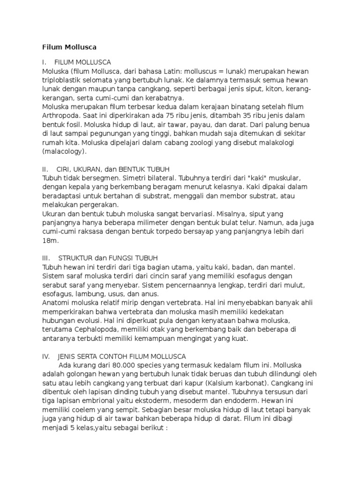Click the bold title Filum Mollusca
tap(69, 47)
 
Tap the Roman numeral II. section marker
tap(45, 168)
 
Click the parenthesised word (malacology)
tap(65, 151)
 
